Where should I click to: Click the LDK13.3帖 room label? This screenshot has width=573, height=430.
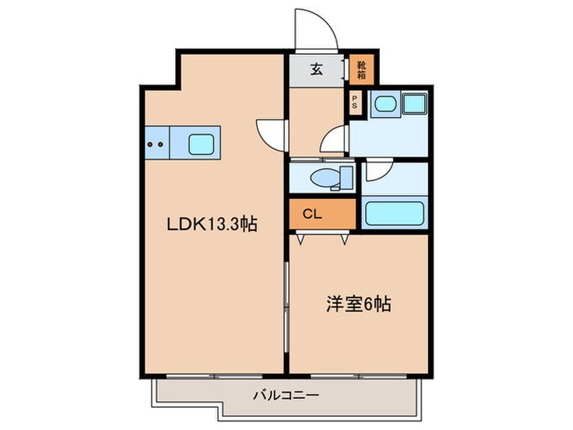pos(211,223)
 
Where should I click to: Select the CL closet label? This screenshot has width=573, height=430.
pos(312,215)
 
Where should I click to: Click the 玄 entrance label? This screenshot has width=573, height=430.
pos(316,70)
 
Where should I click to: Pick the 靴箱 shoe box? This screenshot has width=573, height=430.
pos(359,70)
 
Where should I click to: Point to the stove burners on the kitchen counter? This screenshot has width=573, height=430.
pos(156,145)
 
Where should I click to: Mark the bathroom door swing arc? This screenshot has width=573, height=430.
pos(377,170)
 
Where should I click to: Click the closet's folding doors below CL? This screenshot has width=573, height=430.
pos(323,238)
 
